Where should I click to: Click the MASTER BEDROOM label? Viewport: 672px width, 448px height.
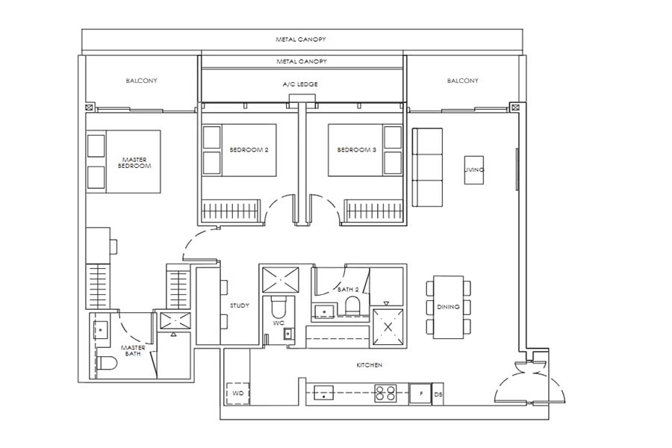tap(134, 162)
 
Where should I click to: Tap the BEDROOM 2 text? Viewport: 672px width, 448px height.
tap(249, 150)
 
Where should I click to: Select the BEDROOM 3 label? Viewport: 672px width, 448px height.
tap(356, 150)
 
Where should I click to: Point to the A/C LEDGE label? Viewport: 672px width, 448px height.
tap(300, 84)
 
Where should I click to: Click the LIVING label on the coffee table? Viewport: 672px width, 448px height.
tap(474, 170)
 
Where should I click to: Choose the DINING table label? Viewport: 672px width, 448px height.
tap(448, 307)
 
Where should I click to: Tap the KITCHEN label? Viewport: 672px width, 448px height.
tap(369, 365)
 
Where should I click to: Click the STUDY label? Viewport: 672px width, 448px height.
tap(240, 305)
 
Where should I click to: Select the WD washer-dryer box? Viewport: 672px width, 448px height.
tap(238, 393)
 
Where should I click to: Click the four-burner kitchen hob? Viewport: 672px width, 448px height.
tap(385, 393)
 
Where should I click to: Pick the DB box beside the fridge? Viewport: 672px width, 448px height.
tap(438, 393)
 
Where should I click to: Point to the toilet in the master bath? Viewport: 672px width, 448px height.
tap(108, 364)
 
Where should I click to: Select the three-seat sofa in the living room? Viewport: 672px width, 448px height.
tap(428, 167)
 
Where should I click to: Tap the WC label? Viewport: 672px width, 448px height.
tap(277, 323)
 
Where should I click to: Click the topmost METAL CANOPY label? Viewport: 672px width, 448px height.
tap(300, 39)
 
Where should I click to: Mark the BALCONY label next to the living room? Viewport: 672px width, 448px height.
tap(462, 81)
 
